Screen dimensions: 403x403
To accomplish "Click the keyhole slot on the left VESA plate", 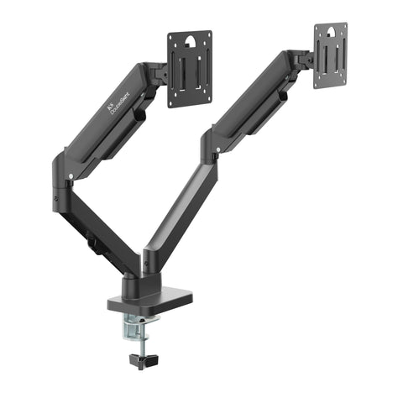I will pyautogui.click(x=190, y=40).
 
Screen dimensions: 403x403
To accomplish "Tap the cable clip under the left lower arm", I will pyautogui.click(x=92, y=245).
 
